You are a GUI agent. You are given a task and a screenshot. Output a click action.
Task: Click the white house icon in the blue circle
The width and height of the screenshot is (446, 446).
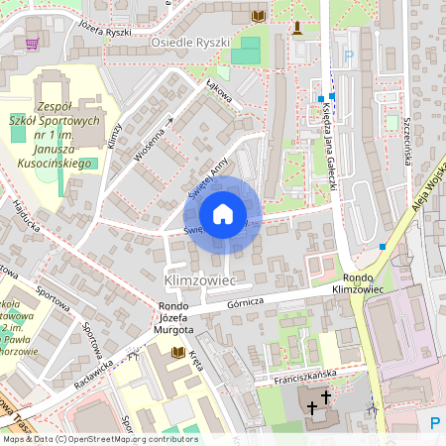point(223,213)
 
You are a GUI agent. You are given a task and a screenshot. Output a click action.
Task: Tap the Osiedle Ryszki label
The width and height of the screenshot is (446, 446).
point(190,44)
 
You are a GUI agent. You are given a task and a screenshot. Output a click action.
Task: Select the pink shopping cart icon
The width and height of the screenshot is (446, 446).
point(33,43)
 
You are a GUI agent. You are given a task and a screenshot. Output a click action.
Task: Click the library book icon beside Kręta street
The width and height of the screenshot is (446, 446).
point(178,352)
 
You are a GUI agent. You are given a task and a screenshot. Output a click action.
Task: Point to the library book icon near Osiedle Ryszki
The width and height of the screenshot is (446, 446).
point(259,16)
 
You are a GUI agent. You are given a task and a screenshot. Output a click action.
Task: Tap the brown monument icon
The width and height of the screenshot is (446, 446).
point(296,26)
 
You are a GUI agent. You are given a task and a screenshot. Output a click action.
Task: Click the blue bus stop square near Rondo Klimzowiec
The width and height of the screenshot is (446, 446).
point(382,246)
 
